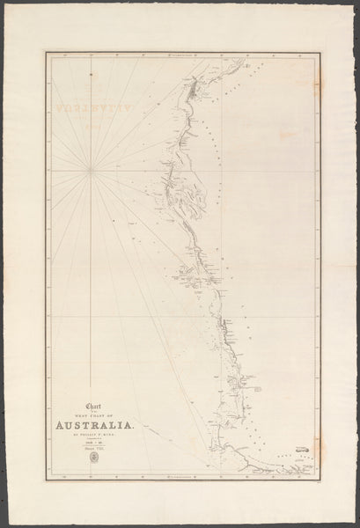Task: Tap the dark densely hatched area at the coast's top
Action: pos(193,88)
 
